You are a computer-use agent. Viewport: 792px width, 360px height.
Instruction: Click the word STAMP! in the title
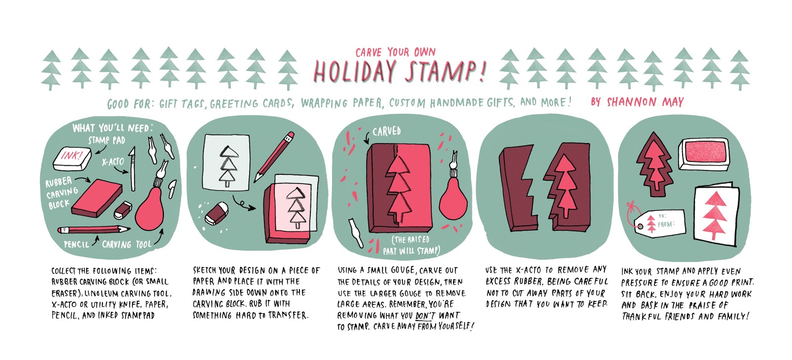[446, 72]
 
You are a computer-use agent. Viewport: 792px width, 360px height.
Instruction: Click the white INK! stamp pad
[72, 158]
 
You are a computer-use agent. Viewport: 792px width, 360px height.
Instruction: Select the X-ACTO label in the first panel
[113, 162]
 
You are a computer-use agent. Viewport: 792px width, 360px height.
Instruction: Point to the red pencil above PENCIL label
[94, 229]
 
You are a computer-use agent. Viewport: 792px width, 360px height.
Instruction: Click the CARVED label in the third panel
[387, 132]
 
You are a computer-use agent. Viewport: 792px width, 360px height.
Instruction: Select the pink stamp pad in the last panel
[703, 154]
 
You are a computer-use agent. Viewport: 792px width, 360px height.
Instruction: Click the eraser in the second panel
[217, 213]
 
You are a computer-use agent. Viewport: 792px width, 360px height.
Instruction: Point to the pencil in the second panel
[274, 156]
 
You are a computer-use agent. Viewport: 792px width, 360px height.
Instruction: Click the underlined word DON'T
[424, 315]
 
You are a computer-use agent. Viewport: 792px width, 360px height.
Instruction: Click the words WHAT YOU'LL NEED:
[113, 128]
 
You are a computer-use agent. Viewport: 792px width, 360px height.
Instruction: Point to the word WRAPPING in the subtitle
[324, 103]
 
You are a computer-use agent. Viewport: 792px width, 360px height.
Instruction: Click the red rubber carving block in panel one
[97, 198]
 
